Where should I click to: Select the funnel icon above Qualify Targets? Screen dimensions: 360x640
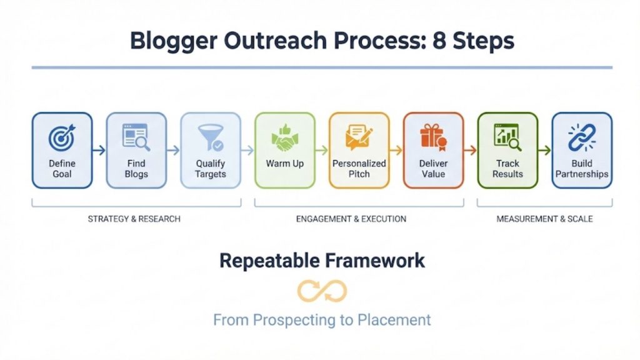pos(210,137)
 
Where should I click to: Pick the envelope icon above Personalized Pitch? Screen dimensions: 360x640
pos(359,137)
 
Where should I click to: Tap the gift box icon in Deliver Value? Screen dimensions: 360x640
pos(432,137)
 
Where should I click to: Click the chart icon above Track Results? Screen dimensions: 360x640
pos(507,137)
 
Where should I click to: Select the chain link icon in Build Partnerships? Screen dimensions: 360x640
pos(581,137)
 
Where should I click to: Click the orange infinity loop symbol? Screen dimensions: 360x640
pos(322,291)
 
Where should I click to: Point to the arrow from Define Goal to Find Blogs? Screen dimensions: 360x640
pos(99,150)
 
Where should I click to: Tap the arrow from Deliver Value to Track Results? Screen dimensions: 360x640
pos(470,150)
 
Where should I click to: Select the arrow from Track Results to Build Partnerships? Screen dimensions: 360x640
pos(544,150)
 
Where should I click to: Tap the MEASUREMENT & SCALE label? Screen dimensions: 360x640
pos(544,219)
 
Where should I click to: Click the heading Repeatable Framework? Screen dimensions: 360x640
pos(322,260)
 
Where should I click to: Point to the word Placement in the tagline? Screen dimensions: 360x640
pos(394,320)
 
